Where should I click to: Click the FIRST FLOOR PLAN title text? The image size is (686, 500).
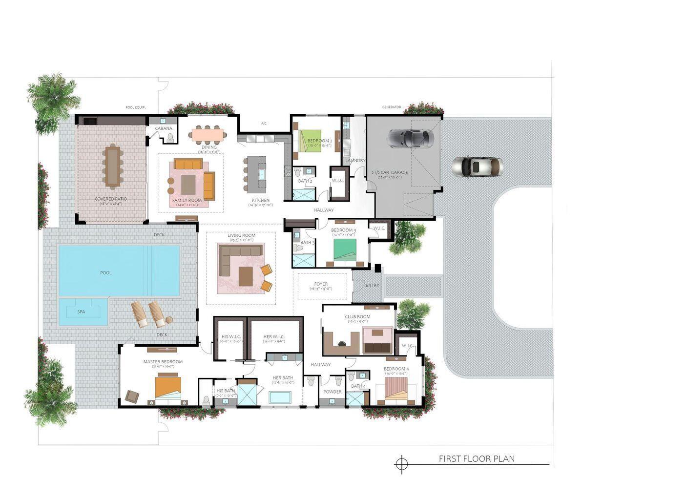[x=477, y=458]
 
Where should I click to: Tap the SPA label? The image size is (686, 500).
[x=81, y=312]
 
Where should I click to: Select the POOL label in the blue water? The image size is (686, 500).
[x=106, y=272]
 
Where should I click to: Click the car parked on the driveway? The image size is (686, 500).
[x=477, y=167]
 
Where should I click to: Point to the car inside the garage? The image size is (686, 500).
[x=410, y=138]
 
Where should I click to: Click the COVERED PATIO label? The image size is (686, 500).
[x=111, y=199]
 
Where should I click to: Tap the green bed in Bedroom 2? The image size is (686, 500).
[x=311, y=140]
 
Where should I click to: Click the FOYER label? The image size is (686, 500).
[x=321, y=284]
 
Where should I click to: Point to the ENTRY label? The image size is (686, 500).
[x=372, y=285]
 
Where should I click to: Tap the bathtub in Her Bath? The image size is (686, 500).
[x=280, y=397]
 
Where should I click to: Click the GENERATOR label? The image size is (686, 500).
[x=392, y=107]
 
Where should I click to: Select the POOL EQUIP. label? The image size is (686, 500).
[x=135, y=107]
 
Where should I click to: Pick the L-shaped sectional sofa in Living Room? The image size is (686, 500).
[x=237, y=257]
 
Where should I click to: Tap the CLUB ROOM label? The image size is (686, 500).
[x=357, y=316]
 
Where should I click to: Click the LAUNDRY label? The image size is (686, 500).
[x=355, y=160]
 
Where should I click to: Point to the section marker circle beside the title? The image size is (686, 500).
[x=401, y=464]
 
